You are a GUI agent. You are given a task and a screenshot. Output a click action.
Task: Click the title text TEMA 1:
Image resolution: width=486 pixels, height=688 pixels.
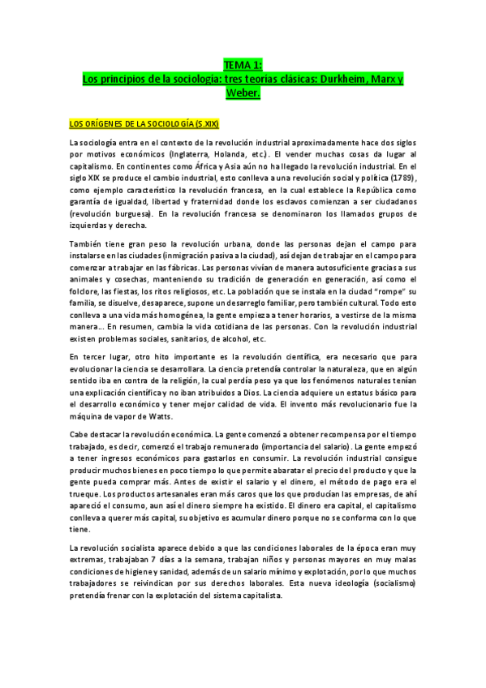pos(243,65)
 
